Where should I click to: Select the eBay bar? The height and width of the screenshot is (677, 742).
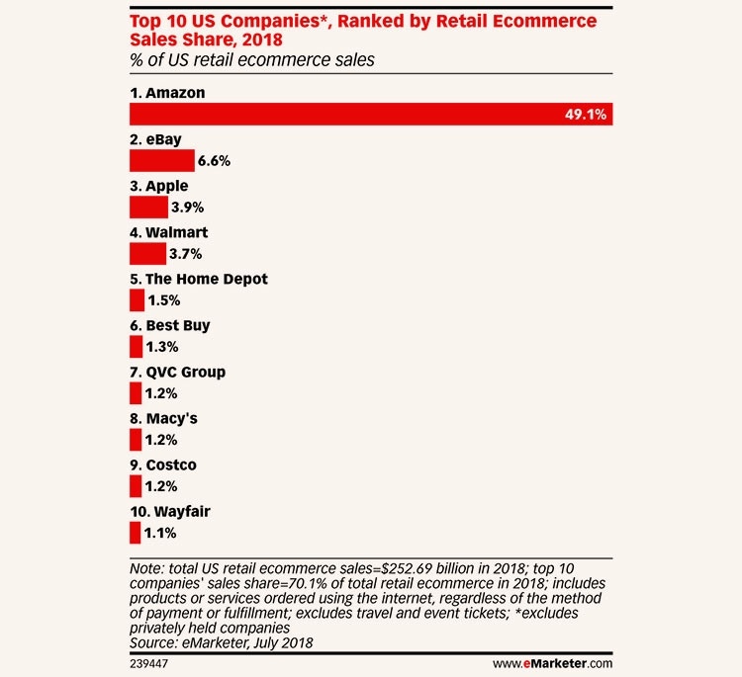[161, 161]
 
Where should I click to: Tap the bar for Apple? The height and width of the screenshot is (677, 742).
[148, 208]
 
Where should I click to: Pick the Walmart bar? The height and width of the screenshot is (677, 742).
[147, 254]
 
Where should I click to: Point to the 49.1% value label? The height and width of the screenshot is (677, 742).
[584, 115]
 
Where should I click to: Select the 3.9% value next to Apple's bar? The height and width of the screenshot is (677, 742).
[188, 208]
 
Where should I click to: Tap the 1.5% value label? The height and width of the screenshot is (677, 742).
[164, 300]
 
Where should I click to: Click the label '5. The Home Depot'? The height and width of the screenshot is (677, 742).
[198, 279]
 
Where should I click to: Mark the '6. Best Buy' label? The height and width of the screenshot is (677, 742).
[169, 325]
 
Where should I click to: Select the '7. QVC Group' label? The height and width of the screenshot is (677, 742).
[177, 372]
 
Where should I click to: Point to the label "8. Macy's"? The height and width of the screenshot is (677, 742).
[164, 418]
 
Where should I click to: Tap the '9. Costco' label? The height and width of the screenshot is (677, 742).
[162, 465]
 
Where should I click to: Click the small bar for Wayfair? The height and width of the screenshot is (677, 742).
[135, 533]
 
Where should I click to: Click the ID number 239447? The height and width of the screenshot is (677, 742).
[149, 658]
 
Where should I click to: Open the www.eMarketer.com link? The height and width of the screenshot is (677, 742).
[552, 658]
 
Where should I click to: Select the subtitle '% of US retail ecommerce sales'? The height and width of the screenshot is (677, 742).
[251, 61]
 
